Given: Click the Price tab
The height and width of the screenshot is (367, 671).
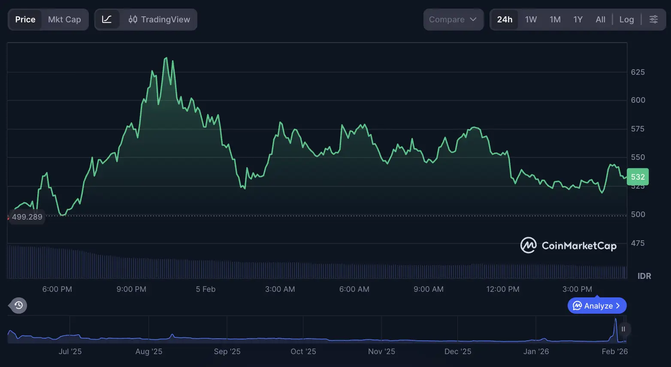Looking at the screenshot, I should [x=25, y=19].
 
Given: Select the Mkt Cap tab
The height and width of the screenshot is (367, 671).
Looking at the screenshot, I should [x=64, y=19].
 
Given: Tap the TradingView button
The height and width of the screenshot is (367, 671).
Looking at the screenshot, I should [x=159, y=19].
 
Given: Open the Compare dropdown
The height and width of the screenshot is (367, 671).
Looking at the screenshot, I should [x=453, y=19].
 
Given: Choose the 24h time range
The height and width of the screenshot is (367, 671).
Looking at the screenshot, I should [x=505, y=19].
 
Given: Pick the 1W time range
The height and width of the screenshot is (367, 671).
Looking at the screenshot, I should [x=531, y=19].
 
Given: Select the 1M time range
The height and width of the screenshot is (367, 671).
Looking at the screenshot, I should [x=555, y=19].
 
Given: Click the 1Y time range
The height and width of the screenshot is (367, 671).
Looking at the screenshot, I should [x=578, y=19].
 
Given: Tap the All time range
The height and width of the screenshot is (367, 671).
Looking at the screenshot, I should [x=600, y=19].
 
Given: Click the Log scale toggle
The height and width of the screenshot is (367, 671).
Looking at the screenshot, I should [x=626, y=19].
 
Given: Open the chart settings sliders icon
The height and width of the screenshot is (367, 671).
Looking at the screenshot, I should [x=653, y=19].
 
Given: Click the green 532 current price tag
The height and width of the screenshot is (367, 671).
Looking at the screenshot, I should [x=638, y=177].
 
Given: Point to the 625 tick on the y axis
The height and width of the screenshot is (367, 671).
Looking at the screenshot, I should [x=638, y=72].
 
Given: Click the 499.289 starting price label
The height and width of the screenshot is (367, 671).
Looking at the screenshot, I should [x=27, y=217].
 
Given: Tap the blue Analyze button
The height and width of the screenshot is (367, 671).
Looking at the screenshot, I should [x=597, y=306].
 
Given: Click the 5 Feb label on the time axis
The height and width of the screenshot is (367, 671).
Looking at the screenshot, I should [x=206, y=289].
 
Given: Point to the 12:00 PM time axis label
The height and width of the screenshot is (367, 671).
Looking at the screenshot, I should [x=502, y=289].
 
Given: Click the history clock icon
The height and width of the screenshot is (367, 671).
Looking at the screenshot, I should [x=18, y=306].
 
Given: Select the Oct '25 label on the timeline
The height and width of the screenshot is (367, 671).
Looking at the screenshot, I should [x=303, y=352].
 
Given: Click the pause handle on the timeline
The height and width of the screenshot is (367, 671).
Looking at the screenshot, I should [x=623, y=329].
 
